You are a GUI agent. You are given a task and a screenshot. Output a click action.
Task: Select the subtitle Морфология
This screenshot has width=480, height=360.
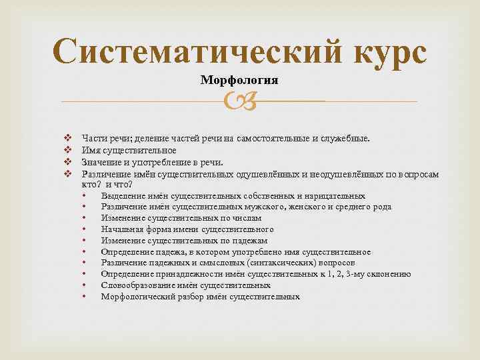point(239,81)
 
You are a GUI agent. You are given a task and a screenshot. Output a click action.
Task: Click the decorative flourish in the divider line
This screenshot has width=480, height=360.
point(239,101)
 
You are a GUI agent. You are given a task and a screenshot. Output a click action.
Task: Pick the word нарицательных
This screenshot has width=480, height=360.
point(335,196)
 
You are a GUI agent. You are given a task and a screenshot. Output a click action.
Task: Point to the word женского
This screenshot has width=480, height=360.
point(310,207)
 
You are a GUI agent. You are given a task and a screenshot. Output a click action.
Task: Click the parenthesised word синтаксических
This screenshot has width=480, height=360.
point(273,263)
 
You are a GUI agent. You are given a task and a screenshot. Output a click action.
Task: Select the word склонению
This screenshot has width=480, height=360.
point(389,274)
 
